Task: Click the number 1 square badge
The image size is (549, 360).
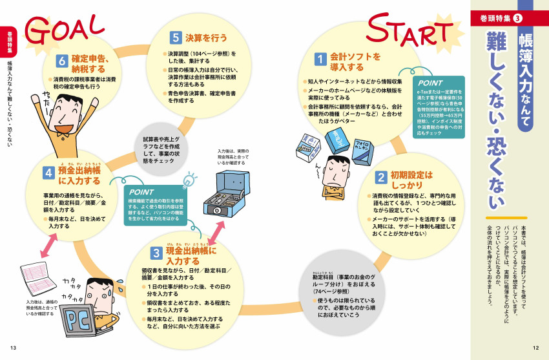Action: [x=319, y=59]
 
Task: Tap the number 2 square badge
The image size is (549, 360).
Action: [x=381, y=178]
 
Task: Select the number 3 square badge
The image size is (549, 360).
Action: [x=156, y=253]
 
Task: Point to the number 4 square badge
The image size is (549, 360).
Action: [x=48, y=173]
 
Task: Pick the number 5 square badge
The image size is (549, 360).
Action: [x=176, y=37]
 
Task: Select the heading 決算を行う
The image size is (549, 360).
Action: [x=206, y=37]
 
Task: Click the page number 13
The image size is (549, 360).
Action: [x=12, y=348]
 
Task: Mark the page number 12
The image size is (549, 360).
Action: [x=535, y=348]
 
